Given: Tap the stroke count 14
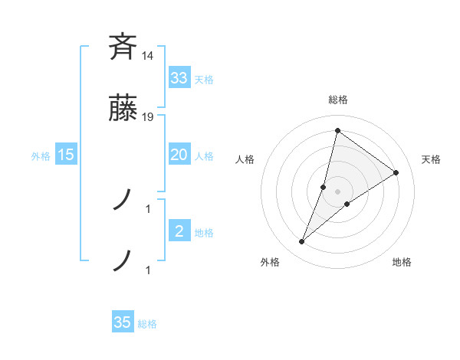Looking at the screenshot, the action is [x=148, y=56].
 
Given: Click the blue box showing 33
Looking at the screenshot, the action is [x=179, y=77].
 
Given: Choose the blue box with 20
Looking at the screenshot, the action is [x=179, y=155].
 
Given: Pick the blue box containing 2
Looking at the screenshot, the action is [x=179, y=231].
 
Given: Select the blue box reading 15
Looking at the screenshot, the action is [x=66, y=155].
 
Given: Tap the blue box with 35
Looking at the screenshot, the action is [x=123, y=322].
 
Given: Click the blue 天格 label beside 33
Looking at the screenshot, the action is [x=204, y=79].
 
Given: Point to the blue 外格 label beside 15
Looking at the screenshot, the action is [x=41, y=155].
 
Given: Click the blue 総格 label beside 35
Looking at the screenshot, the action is [x=147, y=324].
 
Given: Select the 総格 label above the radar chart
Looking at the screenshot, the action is [x=338, y=100].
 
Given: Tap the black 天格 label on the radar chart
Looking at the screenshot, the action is [x=431, y=159].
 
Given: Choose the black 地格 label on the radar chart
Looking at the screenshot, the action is [x=402, y=262].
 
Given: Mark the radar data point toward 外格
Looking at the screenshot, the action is [x=302, y=242].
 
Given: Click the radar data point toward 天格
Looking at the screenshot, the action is [x=396, y=172].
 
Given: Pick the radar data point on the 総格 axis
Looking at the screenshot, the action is [x=337, y=130].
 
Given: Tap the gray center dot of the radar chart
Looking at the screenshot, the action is [x=338, y=191].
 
